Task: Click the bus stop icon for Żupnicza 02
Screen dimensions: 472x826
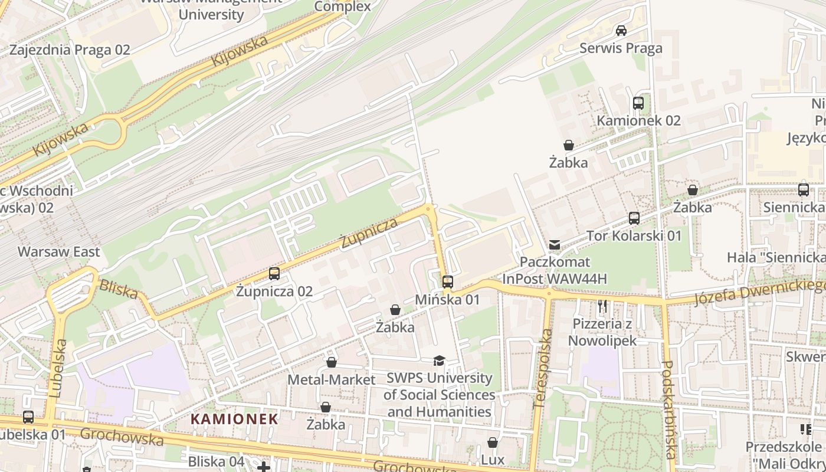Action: tap(274, 274)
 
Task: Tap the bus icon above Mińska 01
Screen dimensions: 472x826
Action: tap(448, 282)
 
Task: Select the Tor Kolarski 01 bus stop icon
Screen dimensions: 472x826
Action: tap(634, 218)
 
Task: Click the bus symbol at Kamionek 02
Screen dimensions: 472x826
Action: tap(638, 103)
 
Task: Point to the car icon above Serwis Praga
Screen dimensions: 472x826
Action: tap(621, 31)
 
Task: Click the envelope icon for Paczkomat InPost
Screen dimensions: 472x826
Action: tap(555, 244)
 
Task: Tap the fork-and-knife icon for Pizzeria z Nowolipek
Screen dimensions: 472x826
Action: tap(602, 306)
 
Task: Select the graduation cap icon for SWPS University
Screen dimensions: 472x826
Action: tap(439, 361)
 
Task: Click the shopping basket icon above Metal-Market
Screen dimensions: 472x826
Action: tap(332, 362)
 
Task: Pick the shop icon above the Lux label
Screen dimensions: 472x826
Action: tap(493, 442)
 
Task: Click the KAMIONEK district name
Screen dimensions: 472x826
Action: tap(234, 419)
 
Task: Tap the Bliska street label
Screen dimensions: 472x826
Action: tap(119, 289)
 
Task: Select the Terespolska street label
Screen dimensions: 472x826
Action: tap(543, 369)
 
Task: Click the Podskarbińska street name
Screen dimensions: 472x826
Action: tap(668, 409)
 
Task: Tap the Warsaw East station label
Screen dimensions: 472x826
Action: tap(59, 252)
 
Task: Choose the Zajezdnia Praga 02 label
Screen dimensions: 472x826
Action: tap(70, 50)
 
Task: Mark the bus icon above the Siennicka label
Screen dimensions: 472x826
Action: tap(804, 190)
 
